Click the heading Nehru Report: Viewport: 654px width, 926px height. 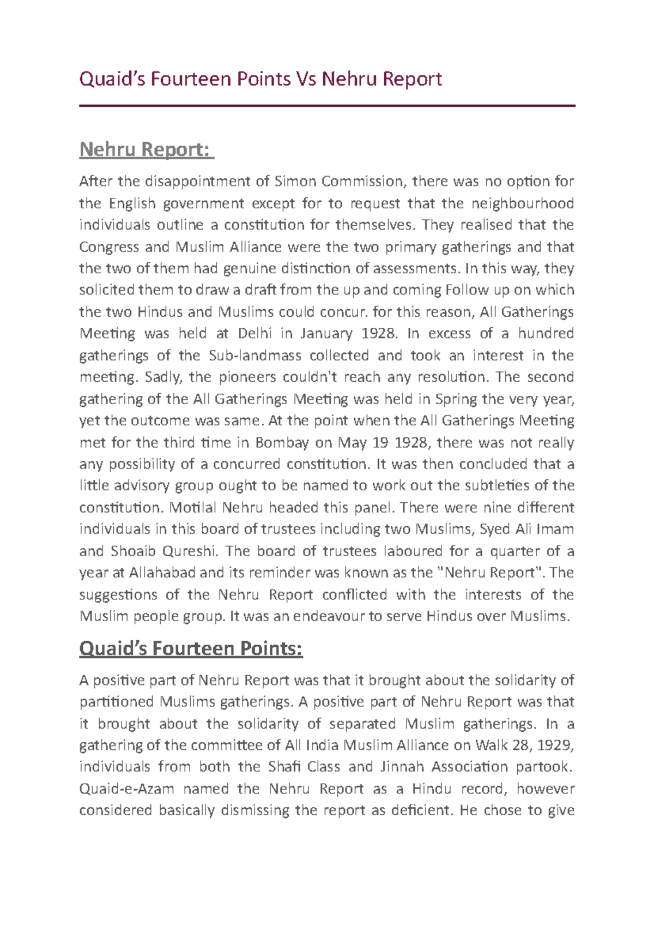click(147, 149)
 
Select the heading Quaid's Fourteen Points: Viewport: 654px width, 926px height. click(191, 648)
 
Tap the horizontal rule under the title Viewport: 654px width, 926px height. click(327, 106)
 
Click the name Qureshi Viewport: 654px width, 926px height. click(189, 551)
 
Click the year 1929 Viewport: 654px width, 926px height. click(555, 745)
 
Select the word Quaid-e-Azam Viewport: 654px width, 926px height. click(126, 789)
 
